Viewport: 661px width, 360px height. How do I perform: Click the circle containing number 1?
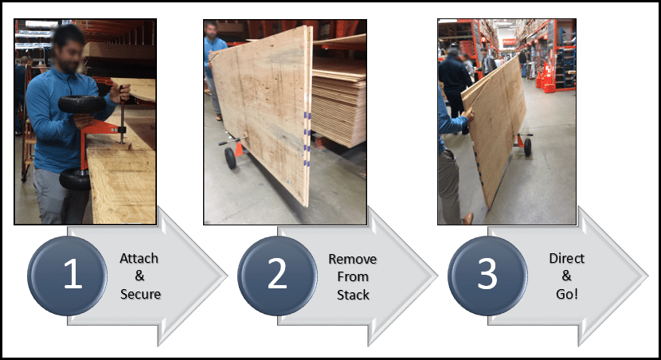(67, 276)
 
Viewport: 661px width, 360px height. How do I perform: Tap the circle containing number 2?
(277, 276)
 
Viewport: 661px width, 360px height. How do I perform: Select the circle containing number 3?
(487, 276)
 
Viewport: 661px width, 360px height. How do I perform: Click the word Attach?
(139, 258)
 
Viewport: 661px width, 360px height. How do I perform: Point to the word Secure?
(140, 294)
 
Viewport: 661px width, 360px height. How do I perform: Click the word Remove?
(353, 259)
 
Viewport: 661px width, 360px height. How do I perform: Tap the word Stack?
(353, 295)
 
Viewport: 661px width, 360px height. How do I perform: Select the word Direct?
(566, 258)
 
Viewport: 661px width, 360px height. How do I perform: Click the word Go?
(566, 294)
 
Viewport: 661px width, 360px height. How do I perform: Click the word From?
(353, 277)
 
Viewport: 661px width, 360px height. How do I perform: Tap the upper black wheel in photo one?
(82, 104)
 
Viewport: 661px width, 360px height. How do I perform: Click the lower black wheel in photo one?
(75, 179)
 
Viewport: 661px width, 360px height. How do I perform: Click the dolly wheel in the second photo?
(230, 158)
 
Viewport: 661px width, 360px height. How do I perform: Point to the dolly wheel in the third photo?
(527, 147)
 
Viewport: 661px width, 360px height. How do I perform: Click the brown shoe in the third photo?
(467, 218)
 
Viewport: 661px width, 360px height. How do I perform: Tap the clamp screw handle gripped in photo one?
(123, 111)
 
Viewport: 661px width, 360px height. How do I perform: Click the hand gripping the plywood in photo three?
(467, 113)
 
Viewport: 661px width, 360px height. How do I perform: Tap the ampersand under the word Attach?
(139, 276)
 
